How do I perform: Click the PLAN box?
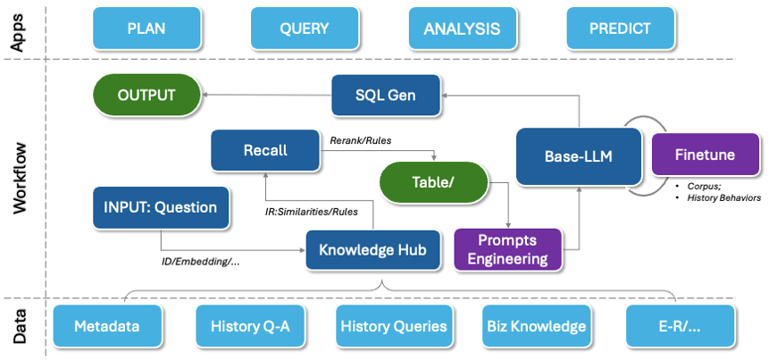point(146,28)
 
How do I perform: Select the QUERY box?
point(305,28)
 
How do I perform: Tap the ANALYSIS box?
point(462,28)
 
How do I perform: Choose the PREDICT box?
point(620,28)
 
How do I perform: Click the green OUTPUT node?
point(146,95)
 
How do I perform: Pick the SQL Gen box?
point(385,95)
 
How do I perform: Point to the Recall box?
point(265,150)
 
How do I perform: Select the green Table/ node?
point(434,182)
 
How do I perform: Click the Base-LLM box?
point(579,155)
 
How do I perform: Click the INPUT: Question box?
point(161,207)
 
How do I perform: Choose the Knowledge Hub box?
point(372,250)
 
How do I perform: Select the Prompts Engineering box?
point(507,249)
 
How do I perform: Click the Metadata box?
point(107,326)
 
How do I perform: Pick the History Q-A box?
point(250,326)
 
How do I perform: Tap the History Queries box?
point(393,326)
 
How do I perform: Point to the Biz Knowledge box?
point(535,326)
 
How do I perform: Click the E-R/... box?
point(680,326)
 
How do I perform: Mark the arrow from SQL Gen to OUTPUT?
point(264,93)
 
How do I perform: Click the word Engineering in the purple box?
point(507,259)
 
